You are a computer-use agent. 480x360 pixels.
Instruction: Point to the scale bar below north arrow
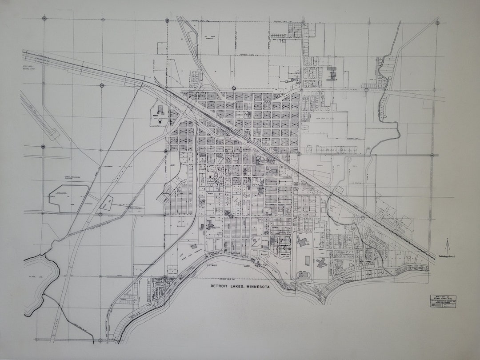pyautogui.click(x=447, y=256)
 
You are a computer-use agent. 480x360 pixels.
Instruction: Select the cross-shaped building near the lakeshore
pyautogui.click(x=321, y=262)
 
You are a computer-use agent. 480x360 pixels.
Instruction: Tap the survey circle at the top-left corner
pyautogui.click(x=44, y=19)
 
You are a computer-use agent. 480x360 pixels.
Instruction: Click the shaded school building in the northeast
pyautogui.click(x=332, y=74)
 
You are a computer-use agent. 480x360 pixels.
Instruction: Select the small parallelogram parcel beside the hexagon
pyautogui.click(x=106, y=203)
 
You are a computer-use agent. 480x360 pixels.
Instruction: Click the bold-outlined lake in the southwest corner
pyautogui.click(x=40, y=284)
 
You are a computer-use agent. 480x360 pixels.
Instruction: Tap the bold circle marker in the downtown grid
pyautogui.click(x=231, y=216)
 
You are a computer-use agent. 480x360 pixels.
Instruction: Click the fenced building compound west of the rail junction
pyautogui.click(x=160, y=115)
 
